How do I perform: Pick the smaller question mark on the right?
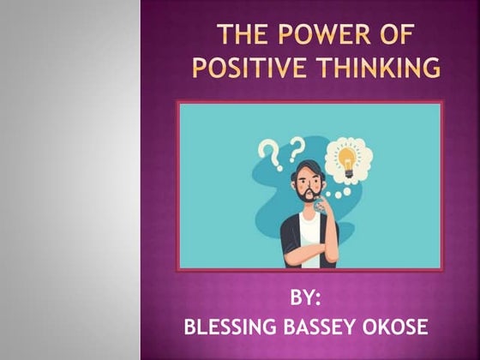click(x=297, y=146)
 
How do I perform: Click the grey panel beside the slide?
click(x=69, y=180)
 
